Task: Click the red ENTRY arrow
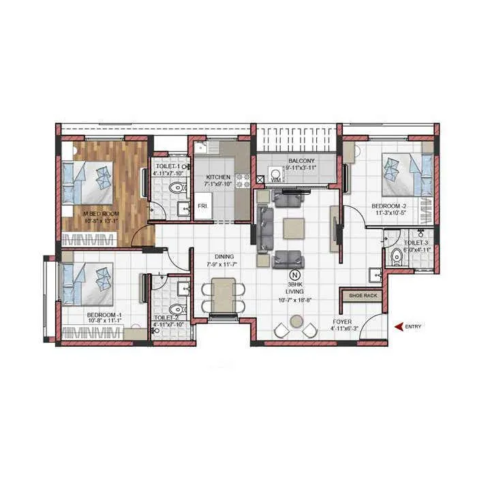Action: coord(399,327)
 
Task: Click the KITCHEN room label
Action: coord(219,176)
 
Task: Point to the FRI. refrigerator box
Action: coord(203,206)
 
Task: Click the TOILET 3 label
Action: coord(416,243)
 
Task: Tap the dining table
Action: coord(224,295)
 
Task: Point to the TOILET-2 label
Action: coord(166,318)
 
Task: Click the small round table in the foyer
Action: coord(296,322)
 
